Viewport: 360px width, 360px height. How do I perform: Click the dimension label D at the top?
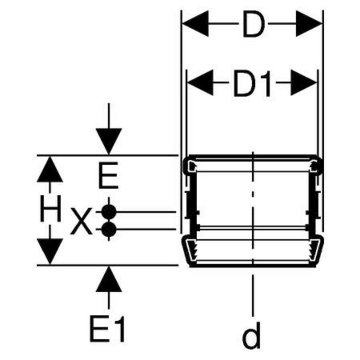[254, 24]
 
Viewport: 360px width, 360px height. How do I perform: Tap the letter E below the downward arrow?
[108, 176]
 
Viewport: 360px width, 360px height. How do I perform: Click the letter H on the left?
[50, 208]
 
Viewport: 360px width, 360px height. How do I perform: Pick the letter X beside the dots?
[81, 221]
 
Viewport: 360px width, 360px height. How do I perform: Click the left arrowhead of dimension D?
[195, 24]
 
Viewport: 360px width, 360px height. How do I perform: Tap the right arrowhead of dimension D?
[309, 24]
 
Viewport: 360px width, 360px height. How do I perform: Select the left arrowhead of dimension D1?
[200, 83]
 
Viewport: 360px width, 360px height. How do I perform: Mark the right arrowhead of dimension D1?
[304, 83]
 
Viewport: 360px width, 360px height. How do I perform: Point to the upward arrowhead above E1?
[108, 279]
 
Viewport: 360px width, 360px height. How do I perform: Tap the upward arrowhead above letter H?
[50, 169]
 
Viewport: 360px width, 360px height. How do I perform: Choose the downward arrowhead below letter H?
[50, 252]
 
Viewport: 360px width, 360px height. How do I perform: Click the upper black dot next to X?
[108, 212]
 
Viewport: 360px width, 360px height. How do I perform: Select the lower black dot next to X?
[108, 229]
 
